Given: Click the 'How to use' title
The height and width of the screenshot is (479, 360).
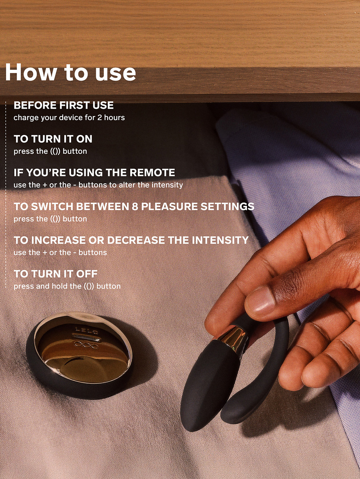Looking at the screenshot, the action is point(70,72).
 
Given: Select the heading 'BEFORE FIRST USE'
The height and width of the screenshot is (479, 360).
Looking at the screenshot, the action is point(64,105).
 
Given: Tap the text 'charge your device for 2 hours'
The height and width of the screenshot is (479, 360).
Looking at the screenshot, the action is point(69,118).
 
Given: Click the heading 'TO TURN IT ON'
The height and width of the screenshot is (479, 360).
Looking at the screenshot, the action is point(53,139).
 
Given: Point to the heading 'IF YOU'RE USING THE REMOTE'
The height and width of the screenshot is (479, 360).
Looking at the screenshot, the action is point(94,172).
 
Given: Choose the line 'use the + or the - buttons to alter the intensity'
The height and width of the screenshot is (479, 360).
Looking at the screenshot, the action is point(98,185).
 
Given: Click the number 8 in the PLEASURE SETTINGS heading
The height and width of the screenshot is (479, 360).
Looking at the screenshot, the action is point(135,206).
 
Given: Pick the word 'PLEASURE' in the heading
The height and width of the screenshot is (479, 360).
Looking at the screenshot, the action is point(169,206).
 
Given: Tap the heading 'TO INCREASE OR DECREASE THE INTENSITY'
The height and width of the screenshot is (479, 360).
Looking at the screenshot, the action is point(131,240).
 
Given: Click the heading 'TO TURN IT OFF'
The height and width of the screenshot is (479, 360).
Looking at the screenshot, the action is point(56,274).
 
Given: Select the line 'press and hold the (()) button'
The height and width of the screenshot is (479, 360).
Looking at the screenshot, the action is point(67,286).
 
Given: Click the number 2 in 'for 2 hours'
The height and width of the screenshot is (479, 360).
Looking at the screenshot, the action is point(99,118).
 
